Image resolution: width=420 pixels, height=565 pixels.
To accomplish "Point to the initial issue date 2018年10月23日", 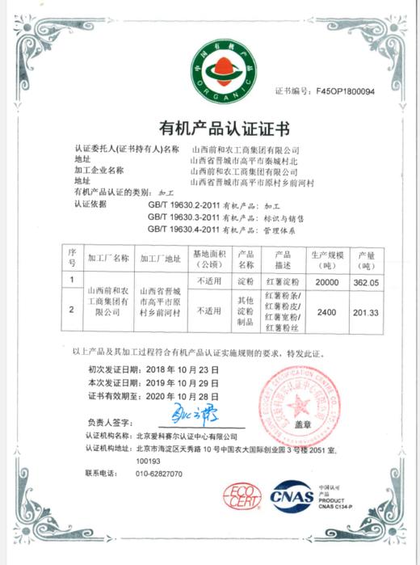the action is pyautogui.click(x=185, y=368).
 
